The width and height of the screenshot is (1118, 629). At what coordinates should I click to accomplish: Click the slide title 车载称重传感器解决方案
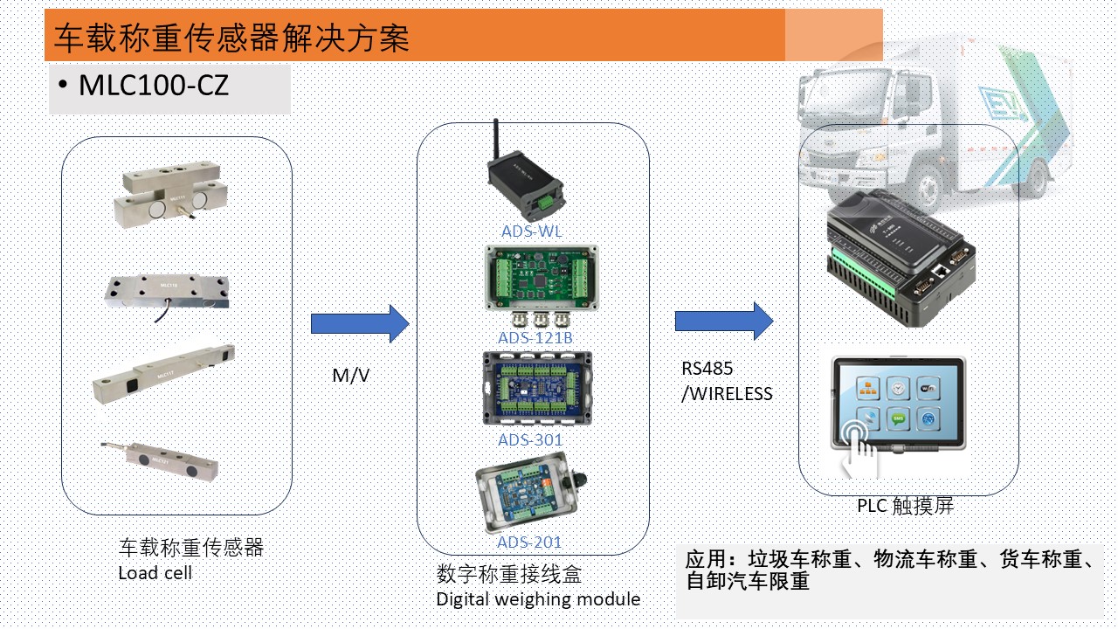pos(231,38)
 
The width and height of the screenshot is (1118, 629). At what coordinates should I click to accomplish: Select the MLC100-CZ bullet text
pos(154,86)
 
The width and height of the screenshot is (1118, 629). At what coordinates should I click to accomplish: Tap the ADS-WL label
pos(531,232)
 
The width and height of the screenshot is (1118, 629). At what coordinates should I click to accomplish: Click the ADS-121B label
pos(535,337)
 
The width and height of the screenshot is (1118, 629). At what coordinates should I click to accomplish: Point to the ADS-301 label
pos(530,439)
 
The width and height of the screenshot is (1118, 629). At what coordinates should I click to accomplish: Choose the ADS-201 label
pos(529,543)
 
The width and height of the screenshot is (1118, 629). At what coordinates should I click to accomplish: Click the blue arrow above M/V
pos(360,324)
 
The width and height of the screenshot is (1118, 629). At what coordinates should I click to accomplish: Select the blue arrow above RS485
pos(724,321)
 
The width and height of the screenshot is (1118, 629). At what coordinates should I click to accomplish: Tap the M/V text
pos(350,376)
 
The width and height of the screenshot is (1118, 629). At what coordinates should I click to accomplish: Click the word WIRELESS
pos(730,394)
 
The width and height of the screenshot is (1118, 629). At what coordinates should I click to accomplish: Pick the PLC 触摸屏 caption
pos(905,506)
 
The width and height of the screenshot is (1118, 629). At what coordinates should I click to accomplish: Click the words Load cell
pos(155,573)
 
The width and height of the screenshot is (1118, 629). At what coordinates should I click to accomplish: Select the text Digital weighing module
pos(538,599)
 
